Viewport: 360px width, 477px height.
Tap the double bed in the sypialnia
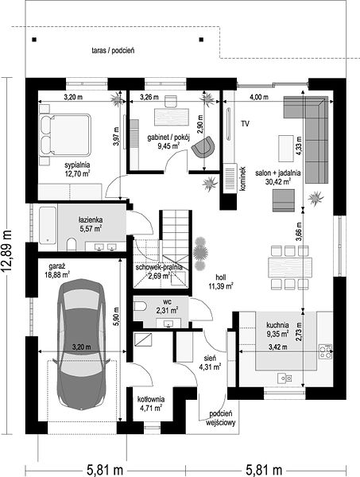point(65,135)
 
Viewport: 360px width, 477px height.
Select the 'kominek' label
point(242,179)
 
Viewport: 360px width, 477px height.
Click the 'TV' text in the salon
point(245,124)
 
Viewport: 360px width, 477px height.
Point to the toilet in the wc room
point(140,306)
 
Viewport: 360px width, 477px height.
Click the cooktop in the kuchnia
point(325,351)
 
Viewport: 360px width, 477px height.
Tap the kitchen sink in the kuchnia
point(285,378)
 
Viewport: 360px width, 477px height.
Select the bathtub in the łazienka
point(48,225)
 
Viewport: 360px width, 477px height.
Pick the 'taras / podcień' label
point(113,51)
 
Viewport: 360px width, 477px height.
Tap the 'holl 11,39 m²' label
point(221,281)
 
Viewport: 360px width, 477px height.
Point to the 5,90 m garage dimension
point(117,317)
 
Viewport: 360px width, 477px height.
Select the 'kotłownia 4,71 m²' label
point(151,403)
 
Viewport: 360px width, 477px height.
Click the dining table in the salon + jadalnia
point(290,267)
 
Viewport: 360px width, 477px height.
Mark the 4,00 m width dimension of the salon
point(259,97)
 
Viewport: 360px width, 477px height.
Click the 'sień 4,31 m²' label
point(210,363)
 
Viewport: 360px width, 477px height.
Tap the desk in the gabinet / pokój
point(172,117)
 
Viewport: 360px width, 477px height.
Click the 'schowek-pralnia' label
point(159,267)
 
